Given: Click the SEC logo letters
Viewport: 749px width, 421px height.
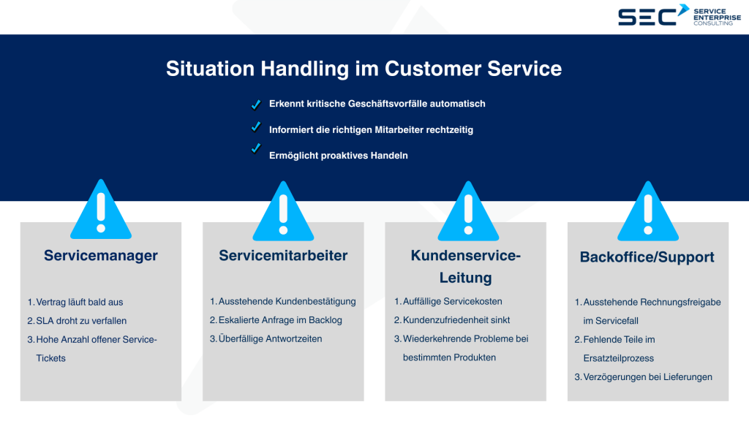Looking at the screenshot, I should (x=647, y=16).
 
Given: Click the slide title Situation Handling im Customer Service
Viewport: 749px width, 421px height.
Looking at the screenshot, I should (x=364, y=69).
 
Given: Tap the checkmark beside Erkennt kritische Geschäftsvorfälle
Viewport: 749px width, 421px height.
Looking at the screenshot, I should (x=256, y=104).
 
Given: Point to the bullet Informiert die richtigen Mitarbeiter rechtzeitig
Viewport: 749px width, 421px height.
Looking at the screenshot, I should (x=372, y=129).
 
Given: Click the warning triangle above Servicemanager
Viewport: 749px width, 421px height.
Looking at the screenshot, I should (x=101, y=212).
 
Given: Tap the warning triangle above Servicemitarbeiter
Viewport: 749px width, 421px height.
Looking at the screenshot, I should (x=283, y=212).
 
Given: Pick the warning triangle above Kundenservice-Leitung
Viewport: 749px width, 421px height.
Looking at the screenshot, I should (x=466, y=212).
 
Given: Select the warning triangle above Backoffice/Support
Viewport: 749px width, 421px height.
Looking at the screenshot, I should (x=648, y=212).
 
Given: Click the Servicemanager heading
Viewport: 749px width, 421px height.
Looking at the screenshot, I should (x=101, y=256).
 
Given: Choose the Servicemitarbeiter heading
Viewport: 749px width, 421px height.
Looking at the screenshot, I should (x=283, y=256).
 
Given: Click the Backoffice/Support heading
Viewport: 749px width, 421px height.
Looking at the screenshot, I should (x=647, y=257).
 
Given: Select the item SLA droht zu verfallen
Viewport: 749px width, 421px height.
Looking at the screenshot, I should (x=81, y=321).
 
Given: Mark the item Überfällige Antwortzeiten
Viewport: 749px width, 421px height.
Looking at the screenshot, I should (x=270, y=339).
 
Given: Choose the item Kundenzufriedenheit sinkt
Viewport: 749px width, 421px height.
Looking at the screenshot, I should (x=456, y=320).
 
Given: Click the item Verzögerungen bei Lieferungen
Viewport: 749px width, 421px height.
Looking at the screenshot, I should (x=647, y=377).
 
